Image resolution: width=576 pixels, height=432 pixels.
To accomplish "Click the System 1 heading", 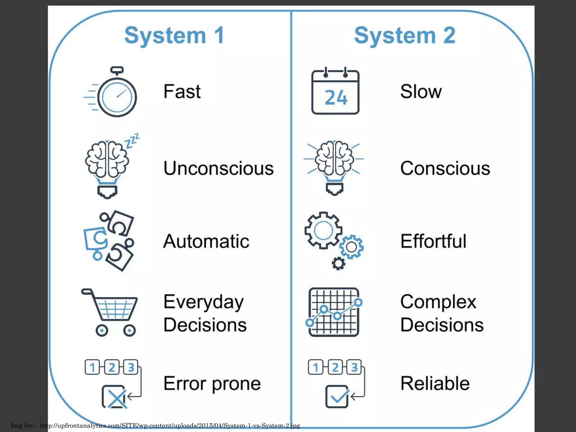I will click(174, 35).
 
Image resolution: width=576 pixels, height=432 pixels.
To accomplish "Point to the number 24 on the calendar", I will click(336, 98).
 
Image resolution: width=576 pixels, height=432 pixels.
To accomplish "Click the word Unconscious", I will click(219, 168).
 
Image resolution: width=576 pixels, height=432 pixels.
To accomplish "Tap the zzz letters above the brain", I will click(132, 140).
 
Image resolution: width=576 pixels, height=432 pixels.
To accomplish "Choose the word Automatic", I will click(206, 241).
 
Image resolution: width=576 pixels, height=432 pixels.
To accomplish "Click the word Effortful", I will click(433, 241).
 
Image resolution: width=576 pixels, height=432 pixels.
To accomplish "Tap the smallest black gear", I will click(338, 264).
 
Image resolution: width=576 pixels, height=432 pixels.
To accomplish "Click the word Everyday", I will click(204, 302).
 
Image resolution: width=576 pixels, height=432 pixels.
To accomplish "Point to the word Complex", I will click(438, 302).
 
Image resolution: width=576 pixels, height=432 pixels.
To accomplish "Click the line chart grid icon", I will click(334, 312).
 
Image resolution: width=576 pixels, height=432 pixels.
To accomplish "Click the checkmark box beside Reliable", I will click(337, 397).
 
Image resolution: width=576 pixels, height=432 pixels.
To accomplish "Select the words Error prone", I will click(212, 384).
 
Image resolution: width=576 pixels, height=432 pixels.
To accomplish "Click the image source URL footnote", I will click(155, 426).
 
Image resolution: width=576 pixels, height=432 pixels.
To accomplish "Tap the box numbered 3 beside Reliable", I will click(354, 367).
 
